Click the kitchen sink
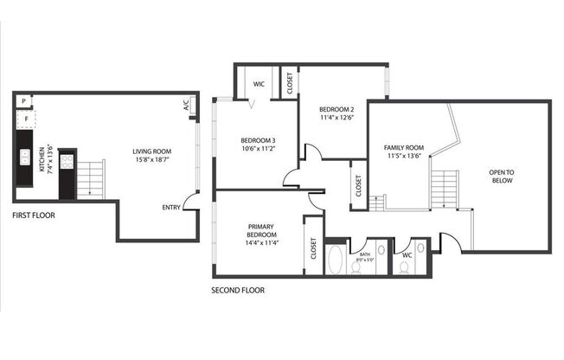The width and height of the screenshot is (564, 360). click(x=24, y=157)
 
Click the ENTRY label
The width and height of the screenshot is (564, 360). click(x=171, y=208)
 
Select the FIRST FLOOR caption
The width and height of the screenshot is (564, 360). click(x=34, y=215)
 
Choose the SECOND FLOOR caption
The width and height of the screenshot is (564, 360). click(x=238, y=290)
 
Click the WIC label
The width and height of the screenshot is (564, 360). click(x=258, y=84)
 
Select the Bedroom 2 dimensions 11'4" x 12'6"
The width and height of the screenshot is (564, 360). click(x=336, y=119)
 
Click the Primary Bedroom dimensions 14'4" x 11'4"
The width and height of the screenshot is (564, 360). click(x=260, y=243)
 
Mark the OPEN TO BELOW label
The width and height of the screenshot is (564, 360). click(x=502, y=177)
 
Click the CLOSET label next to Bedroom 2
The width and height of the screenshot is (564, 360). click(x=289, y=82)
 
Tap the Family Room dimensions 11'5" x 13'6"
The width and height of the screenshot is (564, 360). click(x=403, y=156)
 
